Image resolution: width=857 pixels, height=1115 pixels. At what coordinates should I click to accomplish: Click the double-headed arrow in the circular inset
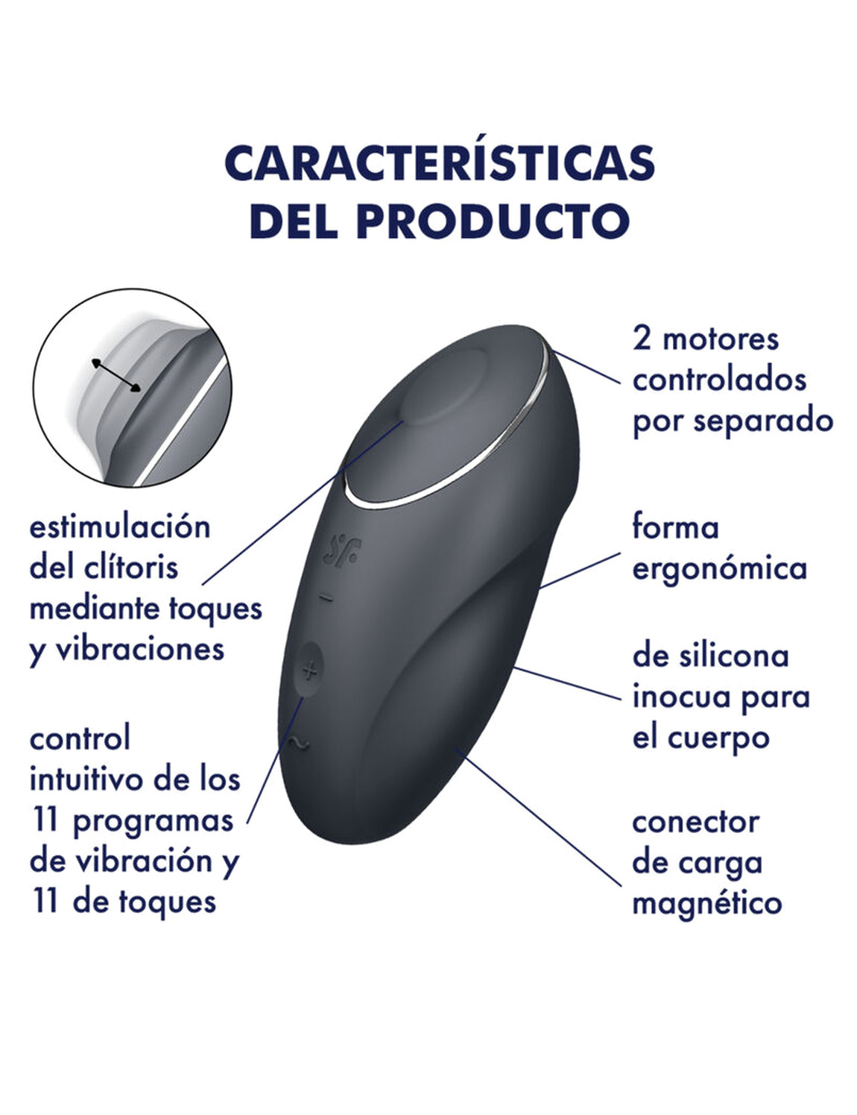click(x=116, y=375)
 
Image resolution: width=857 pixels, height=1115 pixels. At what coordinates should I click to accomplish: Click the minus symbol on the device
click(x=326, y=598)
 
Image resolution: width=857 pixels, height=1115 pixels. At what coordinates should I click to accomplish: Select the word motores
click(x=721, y=339)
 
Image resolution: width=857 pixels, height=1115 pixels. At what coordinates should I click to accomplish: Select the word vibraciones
click(x=140, y=649)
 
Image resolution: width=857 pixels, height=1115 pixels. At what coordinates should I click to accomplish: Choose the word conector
click(x=695, y=823)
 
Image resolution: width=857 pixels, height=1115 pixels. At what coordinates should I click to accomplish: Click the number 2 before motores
click(x=642, y=339)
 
